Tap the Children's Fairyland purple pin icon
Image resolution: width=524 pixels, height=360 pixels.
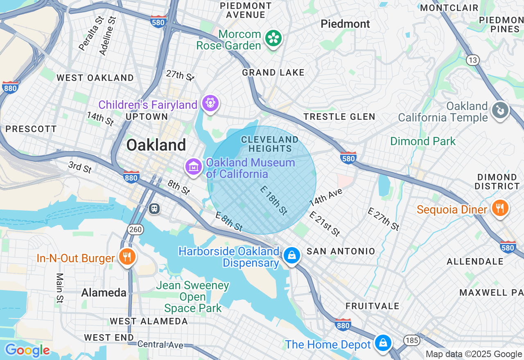pos(210,103)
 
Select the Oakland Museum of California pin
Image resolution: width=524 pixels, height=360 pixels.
pos(194,166)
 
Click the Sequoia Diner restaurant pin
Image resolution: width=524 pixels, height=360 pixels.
pos(500,208)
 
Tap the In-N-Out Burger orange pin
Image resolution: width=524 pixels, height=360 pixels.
pos(127,257)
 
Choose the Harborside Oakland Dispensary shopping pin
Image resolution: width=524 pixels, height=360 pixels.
pos(291,256)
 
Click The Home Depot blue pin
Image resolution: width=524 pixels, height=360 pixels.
pos(383,343)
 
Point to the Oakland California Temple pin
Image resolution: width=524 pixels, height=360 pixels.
pos(500,110)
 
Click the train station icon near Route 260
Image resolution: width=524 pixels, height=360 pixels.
pos(154,208)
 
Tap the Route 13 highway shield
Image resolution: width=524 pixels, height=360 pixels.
pos(473,60)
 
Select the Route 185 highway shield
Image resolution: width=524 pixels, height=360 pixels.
pos(411,340)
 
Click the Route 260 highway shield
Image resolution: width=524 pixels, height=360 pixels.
pos(135,229)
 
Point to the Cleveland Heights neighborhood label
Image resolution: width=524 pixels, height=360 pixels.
pos(270,144)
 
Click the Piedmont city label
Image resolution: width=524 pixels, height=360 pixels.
pos(345,24)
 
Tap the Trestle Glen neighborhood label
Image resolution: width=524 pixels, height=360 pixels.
pos(339,117)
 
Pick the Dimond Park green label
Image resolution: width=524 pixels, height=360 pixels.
pos(422,142)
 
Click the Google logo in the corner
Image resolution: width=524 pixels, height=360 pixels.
pos(27,350)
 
